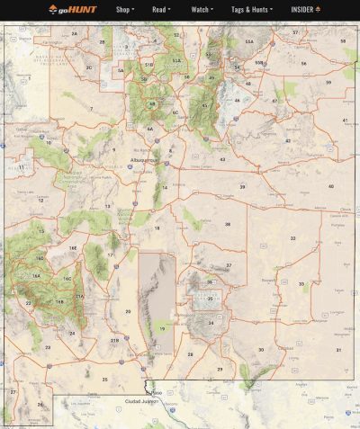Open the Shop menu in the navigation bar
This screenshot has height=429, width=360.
(125, 10)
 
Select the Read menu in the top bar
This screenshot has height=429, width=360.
(161, 10)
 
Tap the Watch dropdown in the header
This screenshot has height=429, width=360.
(202, 10)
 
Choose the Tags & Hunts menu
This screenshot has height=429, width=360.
(251, 10)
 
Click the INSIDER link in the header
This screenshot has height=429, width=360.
(305, 10)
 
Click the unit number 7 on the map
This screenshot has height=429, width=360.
(90, 109)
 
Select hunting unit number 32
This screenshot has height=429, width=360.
(292, 238)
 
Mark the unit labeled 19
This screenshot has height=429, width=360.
(162, 329)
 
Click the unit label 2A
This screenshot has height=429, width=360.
(75, 33)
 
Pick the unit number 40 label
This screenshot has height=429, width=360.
(330, 186)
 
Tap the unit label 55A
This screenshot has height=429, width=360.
(248, 41)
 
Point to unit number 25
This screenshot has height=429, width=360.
(104, 380)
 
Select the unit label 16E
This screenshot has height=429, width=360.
(73, 247)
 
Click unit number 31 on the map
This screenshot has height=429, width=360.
(338, 349)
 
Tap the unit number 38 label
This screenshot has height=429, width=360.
(228, 224)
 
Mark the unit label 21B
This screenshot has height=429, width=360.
(114, 341)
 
